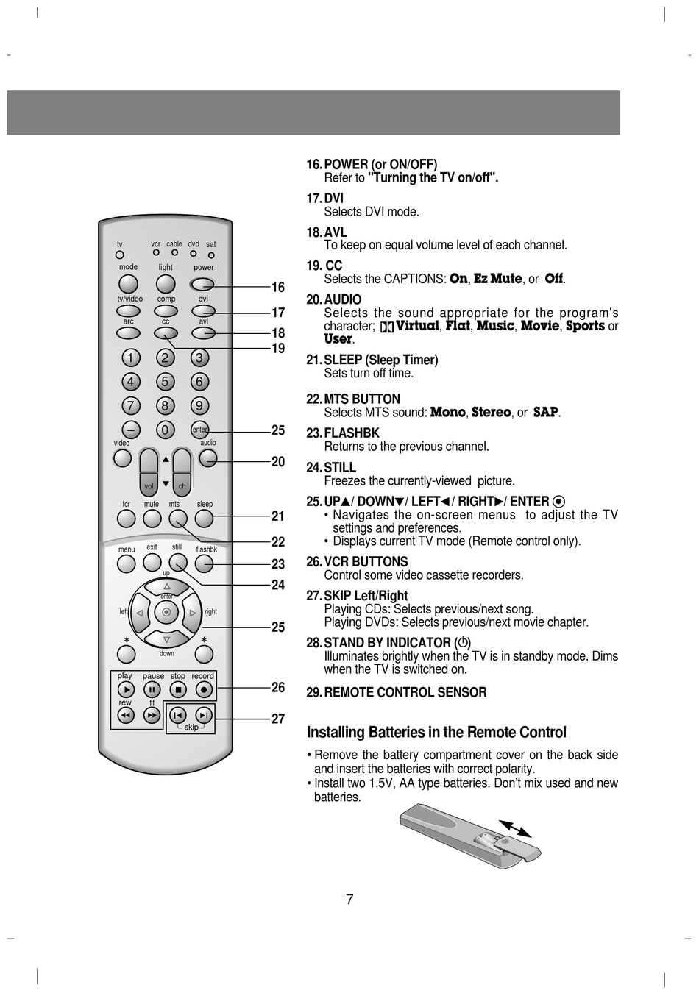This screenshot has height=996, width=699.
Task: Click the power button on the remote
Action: point(202,284)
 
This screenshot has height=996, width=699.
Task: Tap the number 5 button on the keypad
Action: point(165,382)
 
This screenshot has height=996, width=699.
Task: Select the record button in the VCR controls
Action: point(204,690)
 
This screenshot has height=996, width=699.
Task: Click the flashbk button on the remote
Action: point(204,564)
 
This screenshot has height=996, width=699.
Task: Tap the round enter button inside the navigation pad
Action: point(166,612)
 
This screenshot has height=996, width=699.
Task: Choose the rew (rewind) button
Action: point(126,716)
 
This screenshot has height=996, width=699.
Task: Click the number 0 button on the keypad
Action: point(165,430)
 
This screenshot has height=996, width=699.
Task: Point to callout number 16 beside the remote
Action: point(278,287)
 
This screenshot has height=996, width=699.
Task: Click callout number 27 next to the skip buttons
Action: point(278,719)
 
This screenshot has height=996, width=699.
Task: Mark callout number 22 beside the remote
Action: point(278,541)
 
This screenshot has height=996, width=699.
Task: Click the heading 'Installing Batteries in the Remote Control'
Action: point(436,733)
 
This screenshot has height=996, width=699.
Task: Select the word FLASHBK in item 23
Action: point(352,433)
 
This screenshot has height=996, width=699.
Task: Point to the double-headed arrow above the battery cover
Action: point(515,829)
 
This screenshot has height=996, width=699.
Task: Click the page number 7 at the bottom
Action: point(349,900)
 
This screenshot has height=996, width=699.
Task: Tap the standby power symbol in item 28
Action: point(463,642)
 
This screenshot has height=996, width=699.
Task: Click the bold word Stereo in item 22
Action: point(491,412)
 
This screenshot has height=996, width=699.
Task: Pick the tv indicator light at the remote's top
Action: point(120,255)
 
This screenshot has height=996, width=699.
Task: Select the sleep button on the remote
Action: point(204,519)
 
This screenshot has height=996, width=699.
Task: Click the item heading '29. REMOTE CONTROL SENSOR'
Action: point(396,692)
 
